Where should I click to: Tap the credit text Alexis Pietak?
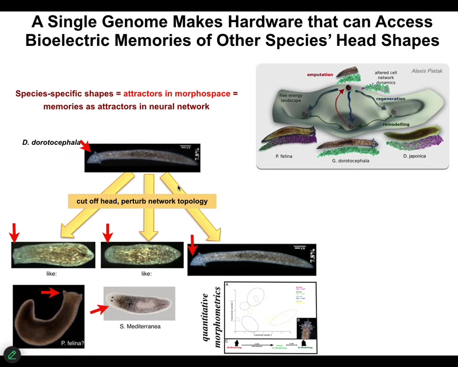tap(426, 71)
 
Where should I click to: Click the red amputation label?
tap(320, 74)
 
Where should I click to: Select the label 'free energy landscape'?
tap(290, 98)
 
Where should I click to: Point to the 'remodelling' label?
tap(396, 124)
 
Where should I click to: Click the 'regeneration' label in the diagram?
tap(390, 99)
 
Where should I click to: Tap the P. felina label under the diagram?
tap(283, 156)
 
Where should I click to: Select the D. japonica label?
tap(414, 156)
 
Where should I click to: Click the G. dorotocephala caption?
tap(350, 161)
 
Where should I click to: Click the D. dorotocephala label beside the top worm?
tap(51, 142)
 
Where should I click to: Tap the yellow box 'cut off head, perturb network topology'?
tap(142, 201)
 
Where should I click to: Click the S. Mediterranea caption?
tap(140, 326)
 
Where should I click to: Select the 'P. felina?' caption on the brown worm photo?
tap(72, 343)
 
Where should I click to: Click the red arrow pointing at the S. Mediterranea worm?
tap(99, 309)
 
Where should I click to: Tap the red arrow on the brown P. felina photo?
tap(51, 292)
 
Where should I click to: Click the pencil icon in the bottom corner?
tap(12, 354)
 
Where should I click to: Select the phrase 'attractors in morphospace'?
tap(177, 93)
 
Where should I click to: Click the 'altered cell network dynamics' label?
tap(385, 77)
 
